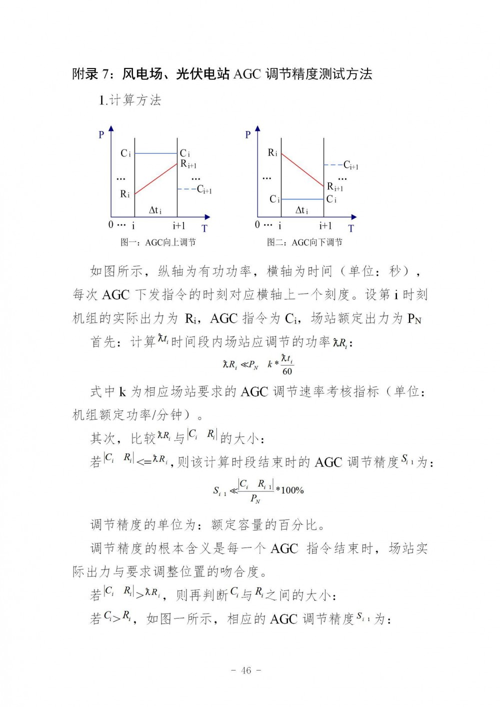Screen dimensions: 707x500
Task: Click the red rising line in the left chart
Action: coord(156,178)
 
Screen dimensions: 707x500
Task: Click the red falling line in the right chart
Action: coord(302,170)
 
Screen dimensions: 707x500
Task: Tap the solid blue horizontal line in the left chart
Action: coord(156,153)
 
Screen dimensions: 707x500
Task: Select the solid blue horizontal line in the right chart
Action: coord(302,199)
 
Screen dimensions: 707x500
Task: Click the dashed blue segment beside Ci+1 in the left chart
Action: coord(186,189)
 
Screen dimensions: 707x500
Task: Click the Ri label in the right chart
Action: coord(272,153)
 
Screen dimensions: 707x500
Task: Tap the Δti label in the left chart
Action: coord(155,210)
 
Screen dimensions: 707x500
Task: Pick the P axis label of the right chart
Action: coord(248,134)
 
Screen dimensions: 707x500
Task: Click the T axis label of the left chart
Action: coord(204,228)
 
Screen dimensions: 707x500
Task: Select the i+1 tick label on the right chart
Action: coord(325,225)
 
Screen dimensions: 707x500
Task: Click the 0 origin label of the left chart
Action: coord(111,225)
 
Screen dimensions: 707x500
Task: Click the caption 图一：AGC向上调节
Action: coord(158,242)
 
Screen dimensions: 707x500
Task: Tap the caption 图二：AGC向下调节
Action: coord(304,242)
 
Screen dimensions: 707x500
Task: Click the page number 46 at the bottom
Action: coord(246,670)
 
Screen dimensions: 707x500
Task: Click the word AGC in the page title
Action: coord(247,74)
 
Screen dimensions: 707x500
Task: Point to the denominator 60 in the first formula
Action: coord(287,371)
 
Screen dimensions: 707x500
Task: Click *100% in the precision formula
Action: coord(290,490)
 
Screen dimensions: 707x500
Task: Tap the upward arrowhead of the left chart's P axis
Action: coord(111,128)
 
